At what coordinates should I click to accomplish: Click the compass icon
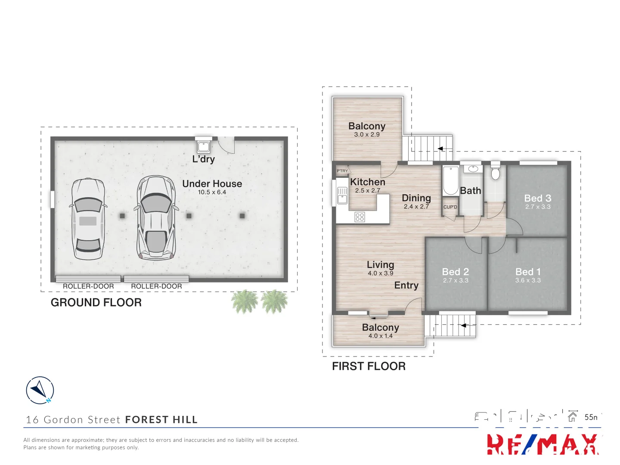click(x=40, y=390)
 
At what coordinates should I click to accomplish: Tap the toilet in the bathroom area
click(x=495, y=173)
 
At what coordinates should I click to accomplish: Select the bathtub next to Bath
click(x=451, y=180)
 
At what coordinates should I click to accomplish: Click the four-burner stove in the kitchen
click(x=360, y=217)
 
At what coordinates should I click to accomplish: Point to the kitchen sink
click(x=342, y=195)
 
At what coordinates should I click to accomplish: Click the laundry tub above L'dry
click(x=203, y=146)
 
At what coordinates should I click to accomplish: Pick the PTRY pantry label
click(x=342, y=171)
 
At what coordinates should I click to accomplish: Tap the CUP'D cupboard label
click(x=450, y=207)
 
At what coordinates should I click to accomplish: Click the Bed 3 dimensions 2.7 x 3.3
click(x=538, y=207)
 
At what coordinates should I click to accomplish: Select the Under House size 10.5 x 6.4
click(x=212, y=192)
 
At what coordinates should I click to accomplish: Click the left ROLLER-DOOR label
click(x=88, y=286)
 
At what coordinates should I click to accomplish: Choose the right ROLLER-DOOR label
click(x=156, y=286)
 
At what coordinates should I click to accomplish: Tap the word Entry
click(x=406, y=285)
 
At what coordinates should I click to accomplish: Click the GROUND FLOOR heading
click(x=96, y=303)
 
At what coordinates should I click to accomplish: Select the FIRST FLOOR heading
click(x=369, y=366)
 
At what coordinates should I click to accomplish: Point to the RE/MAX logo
click(x=542, y=444)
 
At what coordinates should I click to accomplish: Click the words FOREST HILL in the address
click(x=161, y=420)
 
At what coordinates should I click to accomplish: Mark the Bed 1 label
click(x=528, y=272)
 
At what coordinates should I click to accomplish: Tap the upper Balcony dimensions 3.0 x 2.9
click(x=367, y=134)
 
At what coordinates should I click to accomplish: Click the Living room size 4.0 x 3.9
click(x=380, y=273)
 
